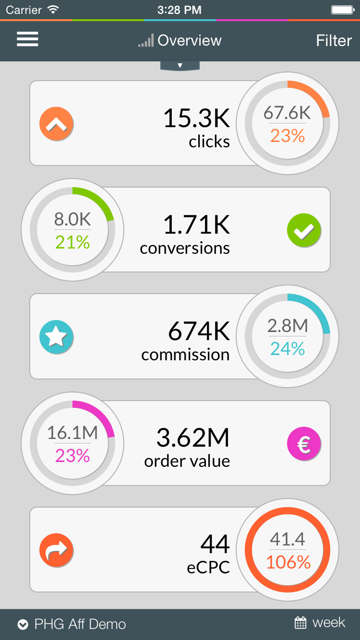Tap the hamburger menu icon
point(27,39)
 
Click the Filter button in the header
point(334,40)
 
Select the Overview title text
point(190,40)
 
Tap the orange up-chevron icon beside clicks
point(56,124)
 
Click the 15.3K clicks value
point(196,118)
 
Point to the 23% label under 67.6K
point(287,136)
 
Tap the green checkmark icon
point(304,231)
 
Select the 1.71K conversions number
point(196,225)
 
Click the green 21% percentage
point(72,243)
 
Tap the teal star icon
point(56,337)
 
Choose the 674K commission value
point(199,331)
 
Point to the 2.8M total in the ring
point(287,326)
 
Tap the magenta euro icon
point(304,444)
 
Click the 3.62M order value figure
point(193,438)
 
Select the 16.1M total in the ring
point(72,433)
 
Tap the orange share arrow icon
point(56,550)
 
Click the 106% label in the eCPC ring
point(288,562)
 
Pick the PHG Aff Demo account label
point(80,624)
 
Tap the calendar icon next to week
point(300,623)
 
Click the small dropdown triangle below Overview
point(180,65)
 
